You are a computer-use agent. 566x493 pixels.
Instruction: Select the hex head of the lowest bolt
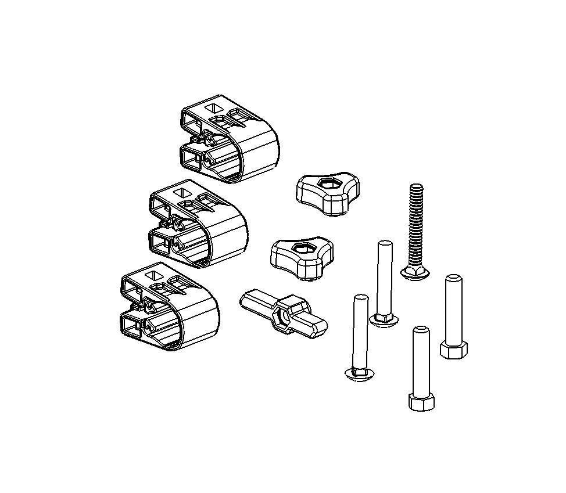pyautogui.click(x=421, y=402)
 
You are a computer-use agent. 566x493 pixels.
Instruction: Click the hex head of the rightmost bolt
pyautogui.click(x=452, y=350)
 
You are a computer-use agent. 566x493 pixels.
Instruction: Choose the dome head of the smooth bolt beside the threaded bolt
pyautogui.click(x=384, y=319)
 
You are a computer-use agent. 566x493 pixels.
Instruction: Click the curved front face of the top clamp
pyautogui.click(x=260, y=154)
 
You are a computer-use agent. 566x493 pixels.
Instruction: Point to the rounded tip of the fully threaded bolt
pyautogui.click(x=415, y=187)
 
